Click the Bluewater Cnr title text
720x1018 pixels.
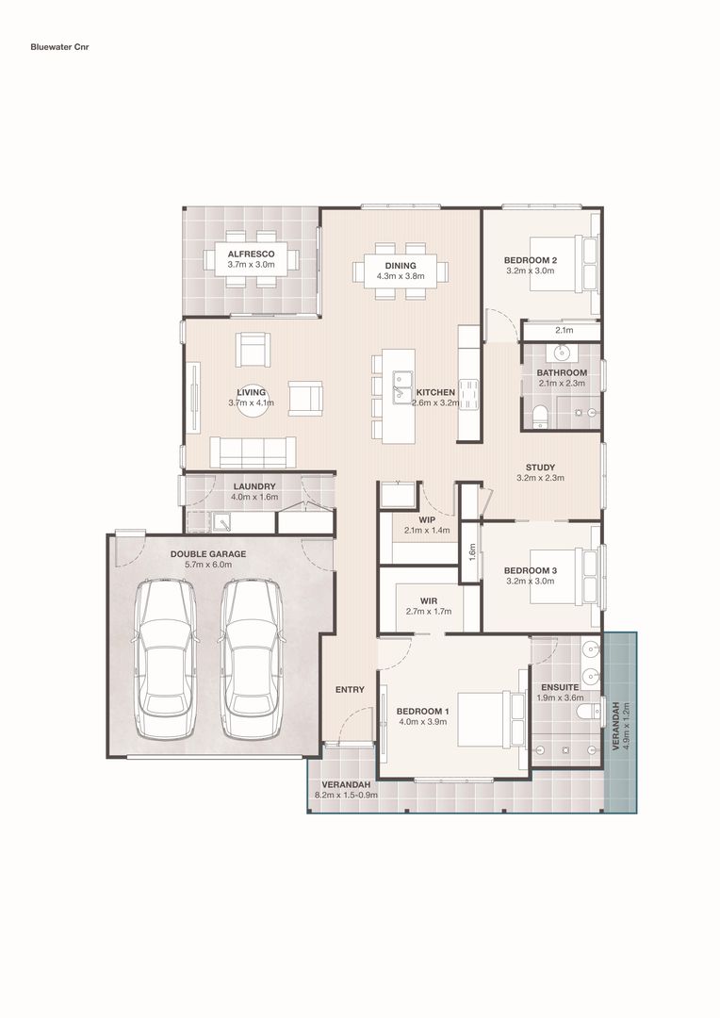[59, 47]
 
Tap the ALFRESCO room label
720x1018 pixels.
[251, 254]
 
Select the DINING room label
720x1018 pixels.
[401, 266]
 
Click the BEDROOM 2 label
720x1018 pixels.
[531, 260]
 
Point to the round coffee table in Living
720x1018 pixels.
[252, 401]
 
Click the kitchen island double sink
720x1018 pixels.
[401, 383]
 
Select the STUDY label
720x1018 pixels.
[540, 468]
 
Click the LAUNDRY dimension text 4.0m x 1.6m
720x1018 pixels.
[254, 498]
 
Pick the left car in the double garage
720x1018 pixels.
[165, 659]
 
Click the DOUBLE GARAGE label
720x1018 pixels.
[208, 554]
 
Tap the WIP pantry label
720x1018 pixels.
[427, 520]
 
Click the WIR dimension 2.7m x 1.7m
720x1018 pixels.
[429, 612]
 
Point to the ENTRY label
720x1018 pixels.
[350, 689]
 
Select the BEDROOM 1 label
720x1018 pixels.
[422, 712]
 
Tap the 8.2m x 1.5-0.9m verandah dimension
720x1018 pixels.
[346, 795]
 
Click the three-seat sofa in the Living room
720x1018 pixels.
[254, 452]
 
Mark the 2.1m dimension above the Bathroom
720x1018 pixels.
[565, 331]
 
